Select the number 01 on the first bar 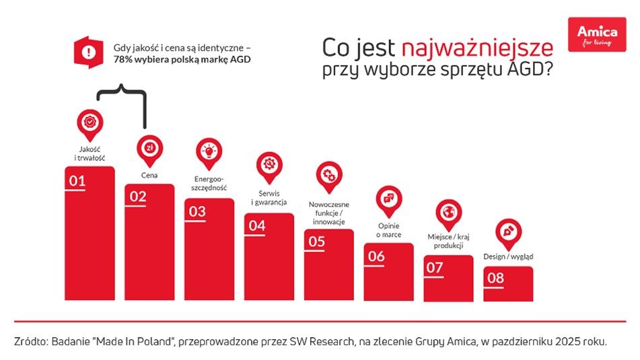tap(77, 180)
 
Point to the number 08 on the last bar tap(495, 277)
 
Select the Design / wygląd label tap(508, 256)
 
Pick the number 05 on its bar tap(316, 241)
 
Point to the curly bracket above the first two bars tap(122, 93)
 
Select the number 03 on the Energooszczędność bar tap(197, 211)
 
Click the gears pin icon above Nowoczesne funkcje tap(328, 175)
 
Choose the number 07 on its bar tap(435, 267)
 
